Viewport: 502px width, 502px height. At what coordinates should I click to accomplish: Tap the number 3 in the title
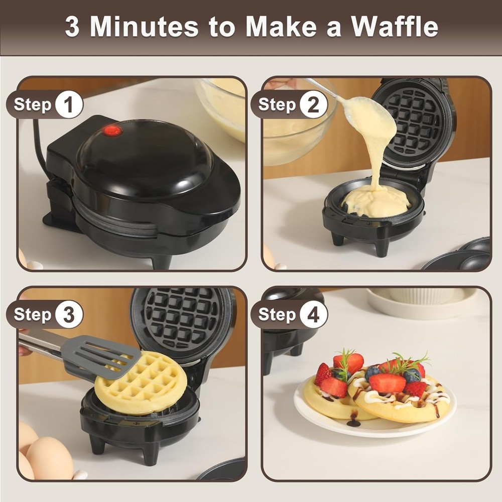point(72,27)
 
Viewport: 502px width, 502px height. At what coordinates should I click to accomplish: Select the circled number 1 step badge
point(69,105)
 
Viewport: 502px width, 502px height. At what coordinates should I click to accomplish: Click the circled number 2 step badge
point(313,105)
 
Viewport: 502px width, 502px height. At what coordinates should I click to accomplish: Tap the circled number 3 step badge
point(69,314)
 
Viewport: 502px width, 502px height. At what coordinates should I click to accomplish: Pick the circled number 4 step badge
point(313,314)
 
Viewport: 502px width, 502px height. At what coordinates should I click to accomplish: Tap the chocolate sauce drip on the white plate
point(353,420)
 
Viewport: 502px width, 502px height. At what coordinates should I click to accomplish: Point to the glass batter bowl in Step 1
point(221,105)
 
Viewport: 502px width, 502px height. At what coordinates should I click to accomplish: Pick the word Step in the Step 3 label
point(33,314)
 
